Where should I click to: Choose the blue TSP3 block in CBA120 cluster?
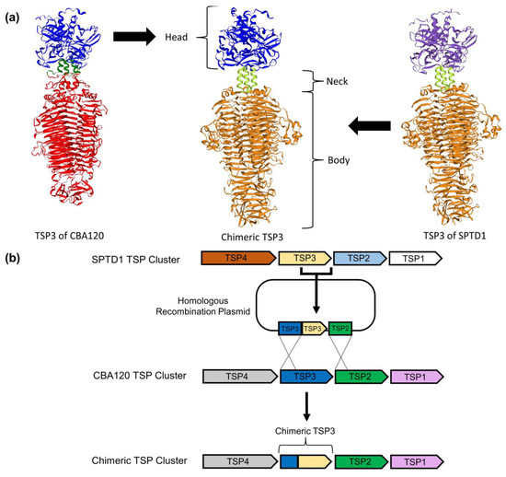pyautogui.click(x=304, y=377)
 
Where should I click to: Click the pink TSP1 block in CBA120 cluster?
pyautogui.click(x=417, y=377)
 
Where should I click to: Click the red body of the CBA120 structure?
pyautogui.click(x=58, y=147)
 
